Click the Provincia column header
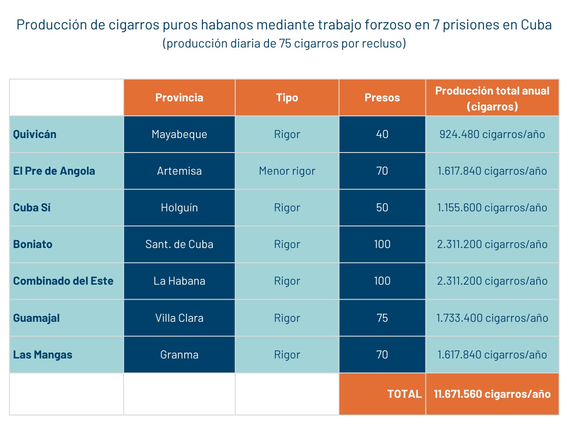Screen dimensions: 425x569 (x=179, y=98)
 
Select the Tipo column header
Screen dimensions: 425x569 (x=287, y=98)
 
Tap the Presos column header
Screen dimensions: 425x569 (x=382, y=98)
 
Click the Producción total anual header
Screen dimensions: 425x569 (x=492, y=98)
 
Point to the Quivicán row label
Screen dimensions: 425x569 (x=35, y=134)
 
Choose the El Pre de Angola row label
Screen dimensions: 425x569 (x=54, y=171)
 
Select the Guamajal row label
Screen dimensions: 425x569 (x=36, y=318)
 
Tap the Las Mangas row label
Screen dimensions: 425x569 (x=43, y=355)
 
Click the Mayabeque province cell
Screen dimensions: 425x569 (x=179, y=134)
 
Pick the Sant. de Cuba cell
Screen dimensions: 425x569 (x=179, y=244)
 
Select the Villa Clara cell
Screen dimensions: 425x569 (x=179, y=318)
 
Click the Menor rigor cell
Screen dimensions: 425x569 (x=287, y=171)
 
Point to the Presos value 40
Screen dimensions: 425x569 (x=382, y=134)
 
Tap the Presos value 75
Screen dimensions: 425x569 (x=382, y=318)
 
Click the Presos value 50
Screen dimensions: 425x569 (x=382, y=208)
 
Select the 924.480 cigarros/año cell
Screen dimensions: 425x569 (x=492, y=134)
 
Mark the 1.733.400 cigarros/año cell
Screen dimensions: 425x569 (x=492, y=318)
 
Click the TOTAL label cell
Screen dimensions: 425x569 (x=404, y=394)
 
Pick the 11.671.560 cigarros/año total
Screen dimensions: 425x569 (x=492, y=394)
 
